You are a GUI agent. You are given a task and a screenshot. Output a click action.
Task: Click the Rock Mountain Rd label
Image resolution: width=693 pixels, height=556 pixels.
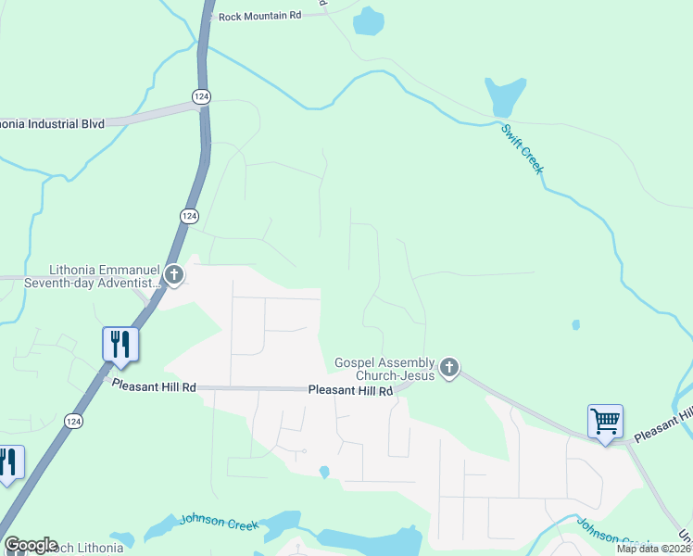(260, 16)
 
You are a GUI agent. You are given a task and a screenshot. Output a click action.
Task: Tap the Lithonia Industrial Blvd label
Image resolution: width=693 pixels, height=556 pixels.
(51, 123)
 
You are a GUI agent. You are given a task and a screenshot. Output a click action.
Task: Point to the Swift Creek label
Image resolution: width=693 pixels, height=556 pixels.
(523, 148)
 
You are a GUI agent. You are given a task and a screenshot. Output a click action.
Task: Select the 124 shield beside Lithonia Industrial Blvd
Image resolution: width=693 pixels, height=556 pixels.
(200, 95)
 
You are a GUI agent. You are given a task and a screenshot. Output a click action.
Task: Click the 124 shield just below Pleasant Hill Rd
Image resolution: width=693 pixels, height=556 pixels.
(72, 421)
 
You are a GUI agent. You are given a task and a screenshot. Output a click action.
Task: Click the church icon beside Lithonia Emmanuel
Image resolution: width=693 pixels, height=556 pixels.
(174, 274)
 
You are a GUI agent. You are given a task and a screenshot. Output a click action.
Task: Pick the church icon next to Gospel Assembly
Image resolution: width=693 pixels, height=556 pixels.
(449, 368)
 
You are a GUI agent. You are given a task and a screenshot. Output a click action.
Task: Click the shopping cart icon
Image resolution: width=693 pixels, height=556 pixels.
(605, 422)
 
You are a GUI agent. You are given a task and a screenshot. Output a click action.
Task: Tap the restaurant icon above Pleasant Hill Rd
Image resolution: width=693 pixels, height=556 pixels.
(120, 344)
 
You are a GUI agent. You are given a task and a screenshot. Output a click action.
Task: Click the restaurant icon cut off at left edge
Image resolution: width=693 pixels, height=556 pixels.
(7, 462)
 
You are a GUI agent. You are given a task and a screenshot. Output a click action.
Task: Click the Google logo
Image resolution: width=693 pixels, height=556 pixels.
(31, 545)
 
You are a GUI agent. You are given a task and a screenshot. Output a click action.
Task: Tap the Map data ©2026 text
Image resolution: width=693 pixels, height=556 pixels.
(653, 549)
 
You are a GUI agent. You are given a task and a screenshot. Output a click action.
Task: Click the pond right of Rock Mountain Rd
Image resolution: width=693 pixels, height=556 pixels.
(368, 21)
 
